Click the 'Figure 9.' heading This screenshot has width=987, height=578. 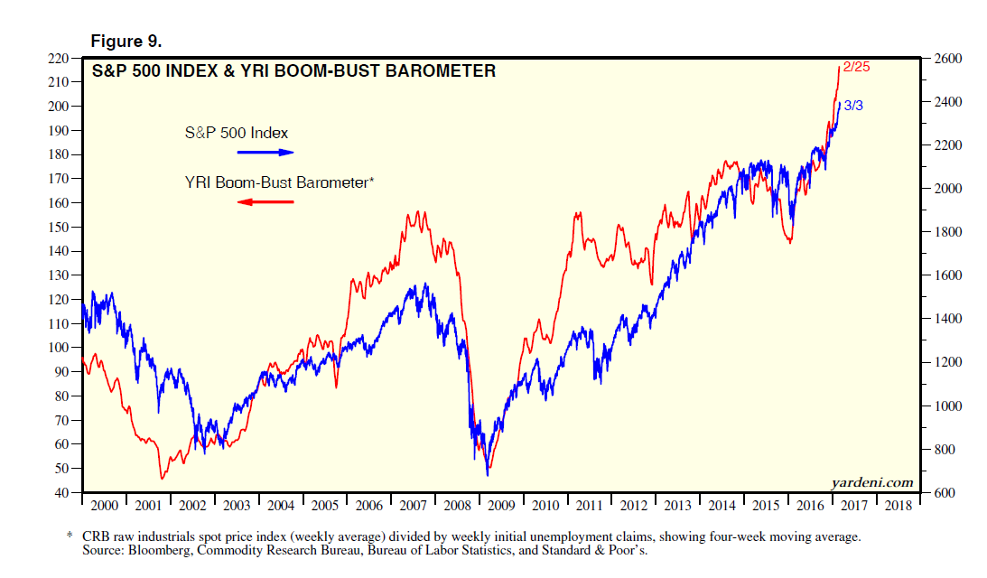(125, 41)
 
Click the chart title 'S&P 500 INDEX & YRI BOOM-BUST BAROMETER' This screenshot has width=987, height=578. (293, 70)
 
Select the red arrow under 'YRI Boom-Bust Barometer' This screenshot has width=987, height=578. (266, 201)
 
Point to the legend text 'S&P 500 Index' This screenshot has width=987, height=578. (237, 133)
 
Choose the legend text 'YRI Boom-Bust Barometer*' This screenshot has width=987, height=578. (278, 182)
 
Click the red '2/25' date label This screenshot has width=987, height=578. (855, 67)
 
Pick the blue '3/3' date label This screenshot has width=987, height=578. (853, 106)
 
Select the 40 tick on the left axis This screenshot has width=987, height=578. (60, 493)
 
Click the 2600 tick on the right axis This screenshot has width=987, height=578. (947, 58)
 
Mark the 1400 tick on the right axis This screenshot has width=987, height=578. (947, 319)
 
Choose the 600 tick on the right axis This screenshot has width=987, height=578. (945, 493)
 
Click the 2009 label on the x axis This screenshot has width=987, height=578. (501, 506)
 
